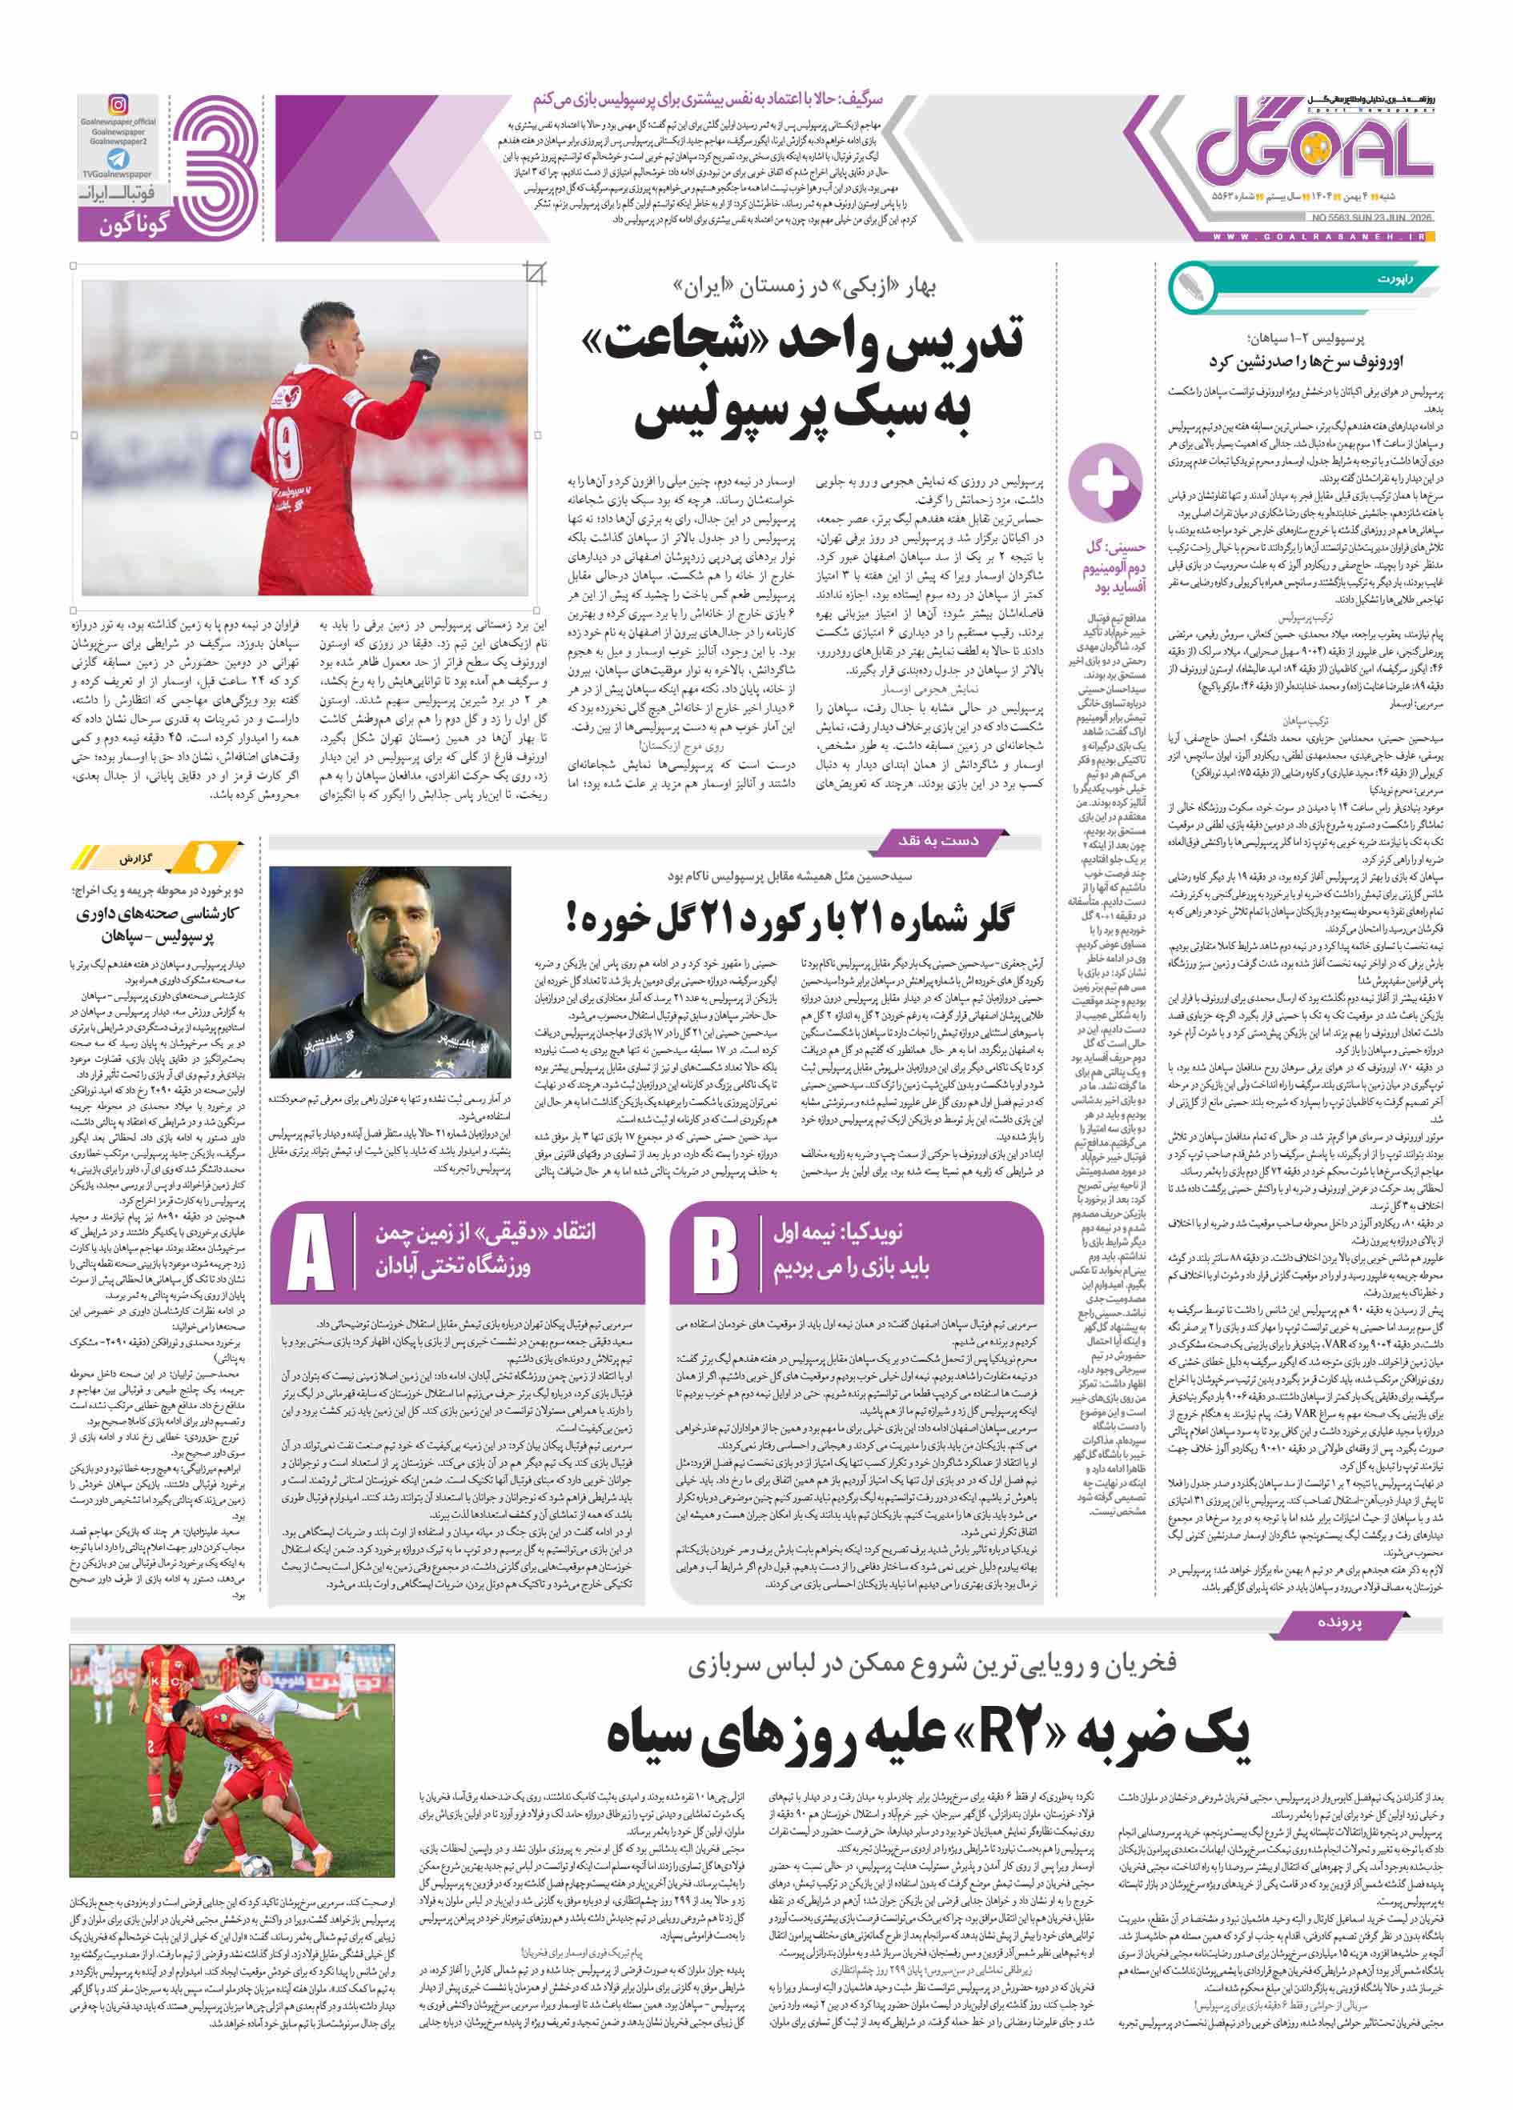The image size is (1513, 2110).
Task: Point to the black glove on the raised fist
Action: [424, 366]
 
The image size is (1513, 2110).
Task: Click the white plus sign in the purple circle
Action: [1105, 482]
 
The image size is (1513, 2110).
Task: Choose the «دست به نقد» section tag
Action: [938, 841]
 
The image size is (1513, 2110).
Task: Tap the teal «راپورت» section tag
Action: [1396, 278]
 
